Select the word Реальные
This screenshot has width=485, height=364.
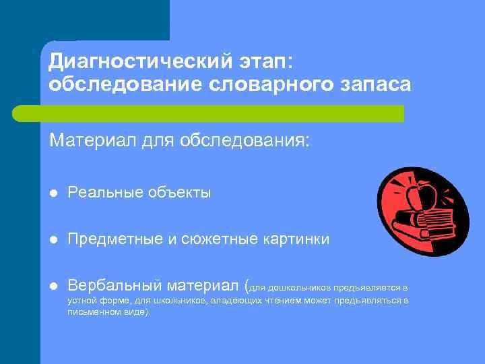click(x=102, y=193)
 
